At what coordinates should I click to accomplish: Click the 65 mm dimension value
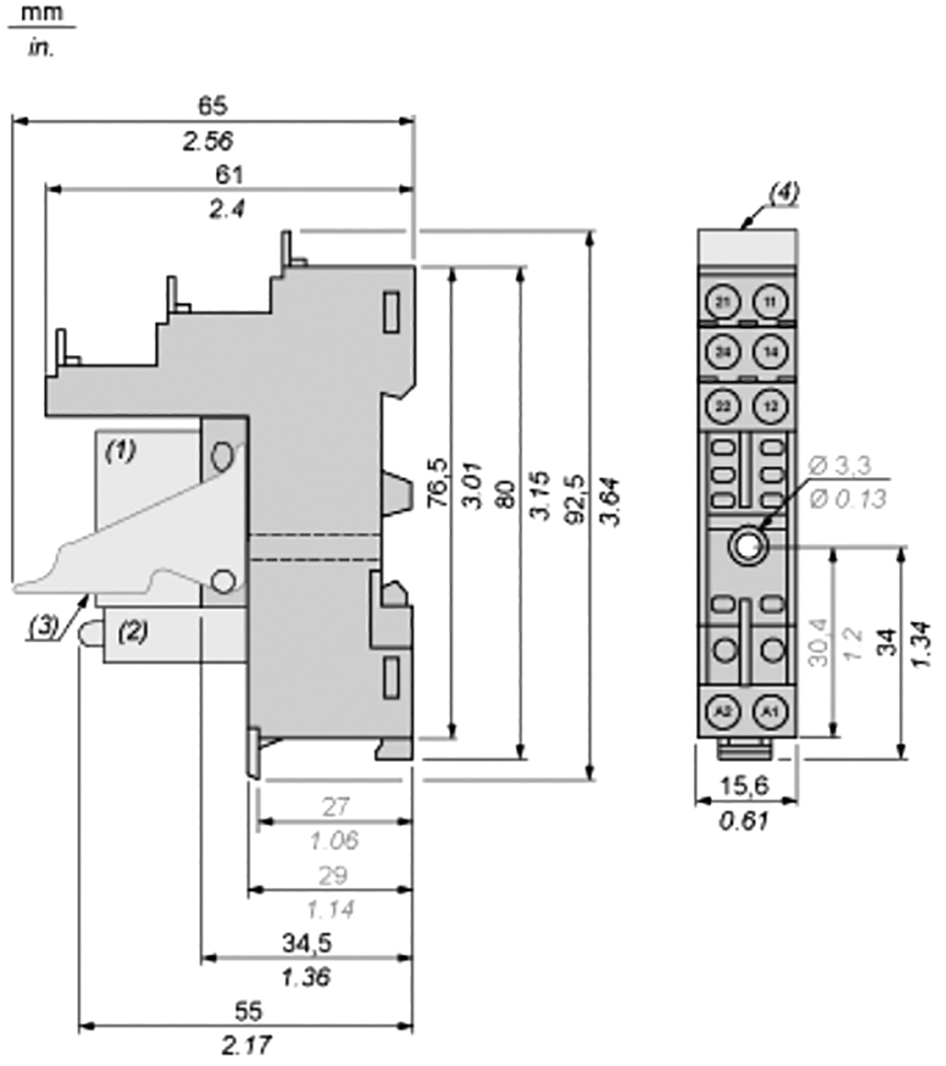click(212, 105)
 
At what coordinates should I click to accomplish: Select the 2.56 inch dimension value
click(212, 141)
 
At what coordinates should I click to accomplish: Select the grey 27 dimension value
click(335, 807)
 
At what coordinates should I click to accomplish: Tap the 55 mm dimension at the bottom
click(249, 1012)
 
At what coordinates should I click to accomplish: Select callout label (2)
click(133, 633)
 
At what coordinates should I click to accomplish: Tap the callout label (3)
click(43, 626)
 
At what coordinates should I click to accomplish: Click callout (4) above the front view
click(784, 191)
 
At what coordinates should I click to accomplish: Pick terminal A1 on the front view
click(770, 710)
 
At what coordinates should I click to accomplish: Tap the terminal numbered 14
click(770, 353)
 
